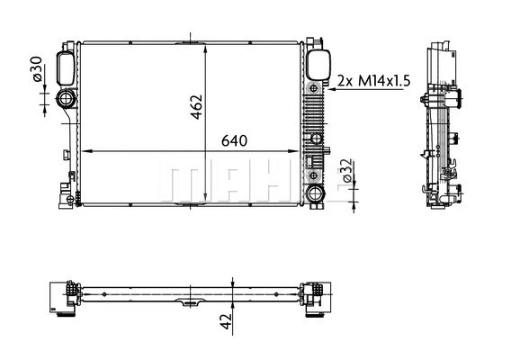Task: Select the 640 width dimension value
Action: pos(234,141)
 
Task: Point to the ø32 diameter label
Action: pos(345,168)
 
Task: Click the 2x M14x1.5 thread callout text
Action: pos(372,81)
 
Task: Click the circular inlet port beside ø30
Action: pos(67,100)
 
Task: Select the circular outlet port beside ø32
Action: pos(314,193)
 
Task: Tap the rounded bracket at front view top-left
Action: pos(66,66)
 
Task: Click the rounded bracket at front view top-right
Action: pos(317,65)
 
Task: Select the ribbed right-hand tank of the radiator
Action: pos(314,126)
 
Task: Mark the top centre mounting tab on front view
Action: pos(190,40)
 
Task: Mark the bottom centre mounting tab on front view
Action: pos(190,205)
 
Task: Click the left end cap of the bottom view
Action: pos(64,296)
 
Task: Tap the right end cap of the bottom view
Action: pos(315,296)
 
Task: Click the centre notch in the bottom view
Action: pos(190,301)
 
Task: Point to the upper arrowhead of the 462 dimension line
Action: pos(209,46)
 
